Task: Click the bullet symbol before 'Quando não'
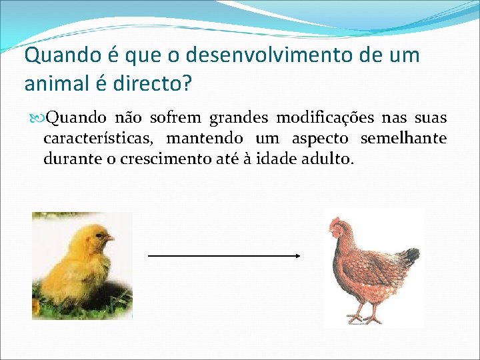click(37, 119)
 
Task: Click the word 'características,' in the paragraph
click(100, 139)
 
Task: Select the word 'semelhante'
click(403, 139)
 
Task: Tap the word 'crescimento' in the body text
click(161, 160)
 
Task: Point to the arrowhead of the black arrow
click(298, 255)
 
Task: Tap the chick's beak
click(111, 238)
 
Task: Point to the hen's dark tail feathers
click(411, 256)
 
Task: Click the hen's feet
click(363, 318)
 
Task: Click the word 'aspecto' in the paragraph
click(322, 139)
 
